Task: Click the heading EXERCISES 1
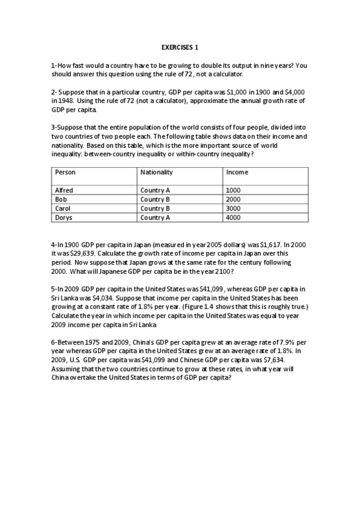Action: coord(180,46)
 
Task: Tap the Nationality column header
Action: coord(156,172)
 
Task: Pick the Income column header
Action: coord(237,172)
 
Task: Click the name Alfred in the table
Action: coord(64,190)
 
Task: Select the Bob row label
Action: coord(61,199)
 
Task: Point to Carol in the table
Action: coord(63,208)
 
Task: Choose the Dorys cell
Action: coord(63,217)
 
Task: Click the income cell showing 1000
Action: coord(233,190)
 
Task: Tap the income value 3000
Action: coord(233,208)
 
